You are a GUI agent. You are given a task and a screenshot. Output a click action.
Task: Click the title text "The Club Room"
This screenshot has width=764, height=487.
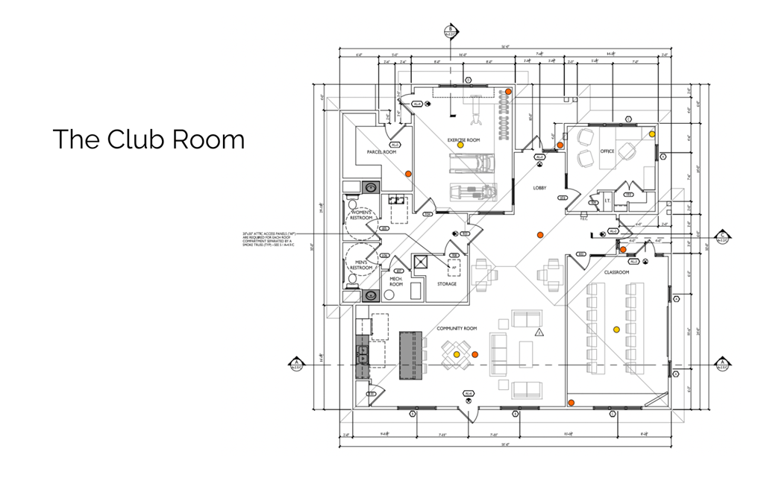[x=148, y=139]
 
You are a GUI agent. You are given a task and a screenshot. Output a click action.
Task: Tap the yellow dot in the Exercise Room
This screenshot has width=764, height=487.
[x=460, y=145]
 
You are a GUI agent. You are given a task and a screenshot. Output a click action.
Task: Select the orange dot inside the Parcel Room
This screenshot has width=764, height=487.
[x=407, y=173]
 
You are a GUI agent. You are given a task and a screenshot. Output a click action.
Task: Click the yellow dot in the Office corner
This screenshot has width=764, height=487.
[x=652, y=134]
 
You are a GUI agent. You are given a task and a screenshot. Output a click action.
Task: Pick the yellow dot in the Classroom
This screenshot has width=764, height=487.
[x=616, y=329]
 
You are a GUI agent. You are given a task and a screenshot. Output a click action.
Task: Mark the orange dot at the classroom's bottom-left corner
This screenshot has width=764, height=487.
[x=571, y=403]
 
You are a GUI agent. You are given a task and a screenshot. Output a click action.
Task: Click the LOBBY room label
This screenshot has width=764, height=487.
[x=540, y=188]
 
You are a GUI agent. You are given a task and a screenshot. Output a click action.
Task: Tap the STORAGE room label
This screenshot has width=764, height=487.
[x=447, y=283]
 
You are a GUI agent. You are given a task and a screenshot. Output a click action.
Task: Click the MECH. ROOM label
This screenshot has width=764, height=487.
[x=396, y=282]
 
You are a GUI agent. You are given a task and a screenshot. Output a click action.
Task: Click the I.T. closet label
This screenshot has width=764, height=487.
[x=607, y=200]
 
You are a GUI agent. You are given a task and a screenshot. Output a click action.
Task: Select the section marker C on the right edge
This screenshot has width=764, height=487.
[x=721, y=237]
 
